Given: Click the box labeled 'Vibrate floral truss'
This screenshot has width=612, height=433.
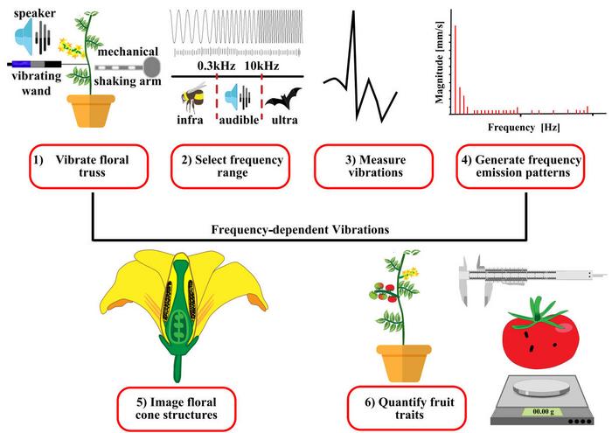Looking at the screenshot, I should tap(91, 166).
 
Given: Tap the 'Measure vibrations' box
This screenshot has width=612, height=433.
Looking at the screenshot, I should tap(374, 166).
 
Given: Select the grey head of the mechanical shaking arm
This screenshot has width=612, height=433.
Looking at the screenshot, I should tap(154, 66).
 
